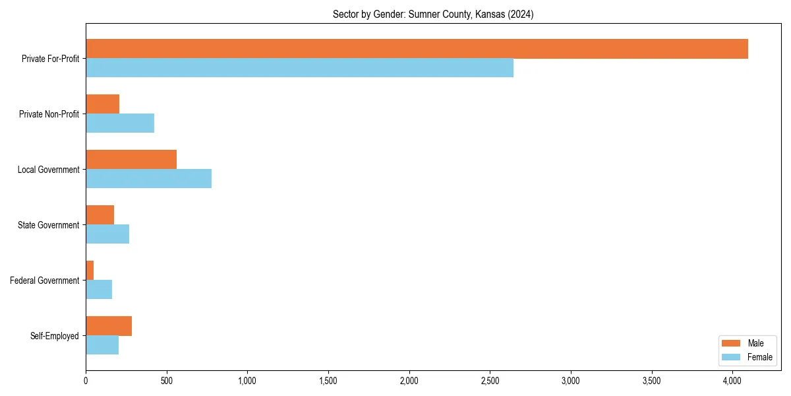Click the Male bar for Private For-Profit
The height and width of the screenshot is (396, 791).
click(x=417, y=49)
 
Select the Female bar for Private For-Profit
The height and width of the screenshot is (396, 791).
click(x=299, y=68)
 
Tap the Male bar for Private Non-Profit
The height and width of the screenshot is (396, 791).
click(x=102, y=104)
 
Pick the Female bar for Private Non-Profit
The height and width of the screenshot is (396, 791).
click(x=120, y=123)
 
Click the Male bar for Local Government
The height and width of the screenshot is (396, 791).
click(x=131, y=160)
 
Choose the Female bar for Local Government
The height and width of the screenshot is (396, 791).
click(x=148, y=179)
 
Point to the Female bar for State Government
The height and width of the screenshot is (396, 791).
click(x=107, y=234)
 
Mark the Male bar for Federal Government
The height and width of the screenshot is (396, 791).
click(x=90, y=271)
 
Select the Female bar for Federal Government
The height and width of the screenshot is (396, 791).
click(x=99, y=290)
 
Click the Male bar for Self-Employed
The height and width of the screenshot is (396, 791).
click(x=109, y=326)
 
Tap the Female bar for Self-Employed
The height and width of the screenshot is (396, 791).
click(x=102, y=345)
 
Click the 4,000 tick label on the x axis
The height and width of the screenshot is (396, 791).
click(x=732, y=380)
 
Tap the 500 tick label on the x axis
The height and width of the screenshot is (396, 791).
click(x=167, y=380)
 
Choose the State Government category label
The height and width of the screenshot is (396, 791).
click(x=49, y=225)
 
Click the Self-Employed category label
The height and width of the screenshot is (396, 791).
click(x=55, y=336)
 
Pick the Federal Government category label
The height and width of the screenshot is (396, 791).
click(x=45, y=280)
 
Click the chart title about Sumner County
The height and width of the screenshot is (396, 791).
click(x=433, y=15)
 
